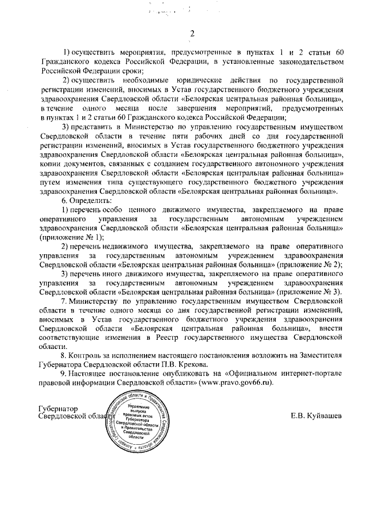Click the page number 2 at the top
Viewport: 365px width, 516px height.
click(192, 33)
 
